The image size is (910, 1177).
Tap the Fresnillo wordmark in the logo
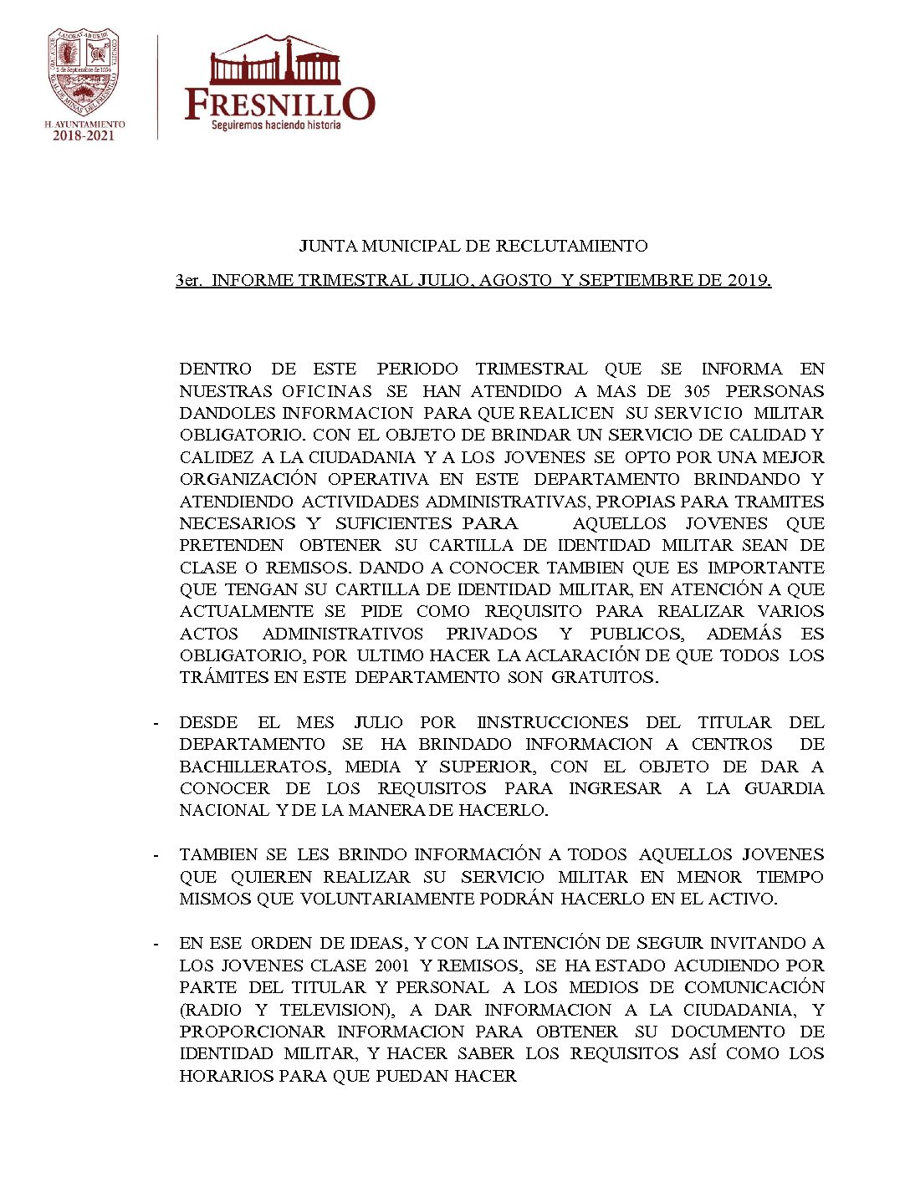[279, 104]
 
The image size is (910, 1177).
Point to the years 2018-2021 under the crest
[84, 135]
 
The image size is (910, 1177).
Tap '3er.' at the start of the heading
[188, 281]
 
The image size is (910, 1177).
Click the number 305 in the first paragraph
[697, 391]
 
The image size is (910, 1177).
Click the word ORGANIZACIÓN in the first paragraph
[248, 479]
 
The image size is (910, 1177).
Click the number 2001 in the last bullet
[392, 966]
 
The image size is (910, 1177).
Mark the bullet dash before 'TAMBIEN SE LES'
[156, 855]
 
